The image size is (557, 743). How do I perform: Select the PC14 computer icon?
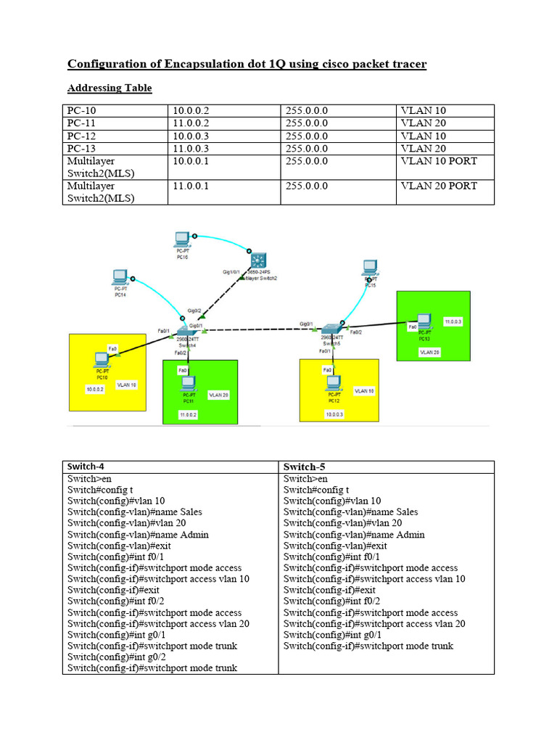point(120,276)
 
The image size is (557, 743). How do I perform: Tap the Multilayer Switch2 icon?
point(259,260)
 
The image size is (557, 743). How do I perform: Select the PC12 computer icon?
point(334,382)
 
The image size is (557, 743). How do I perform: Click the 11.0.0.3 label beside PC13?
point(453,320)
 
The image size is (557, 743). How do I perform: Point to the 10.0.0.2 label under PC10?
point(95,389)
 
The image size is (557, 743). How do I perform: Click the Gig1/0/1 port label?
point(231,272)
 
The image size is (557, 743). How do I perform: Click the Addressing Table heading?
point(110,89)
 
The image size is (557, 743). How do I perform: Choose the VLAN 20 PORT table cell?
point(438,186)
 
